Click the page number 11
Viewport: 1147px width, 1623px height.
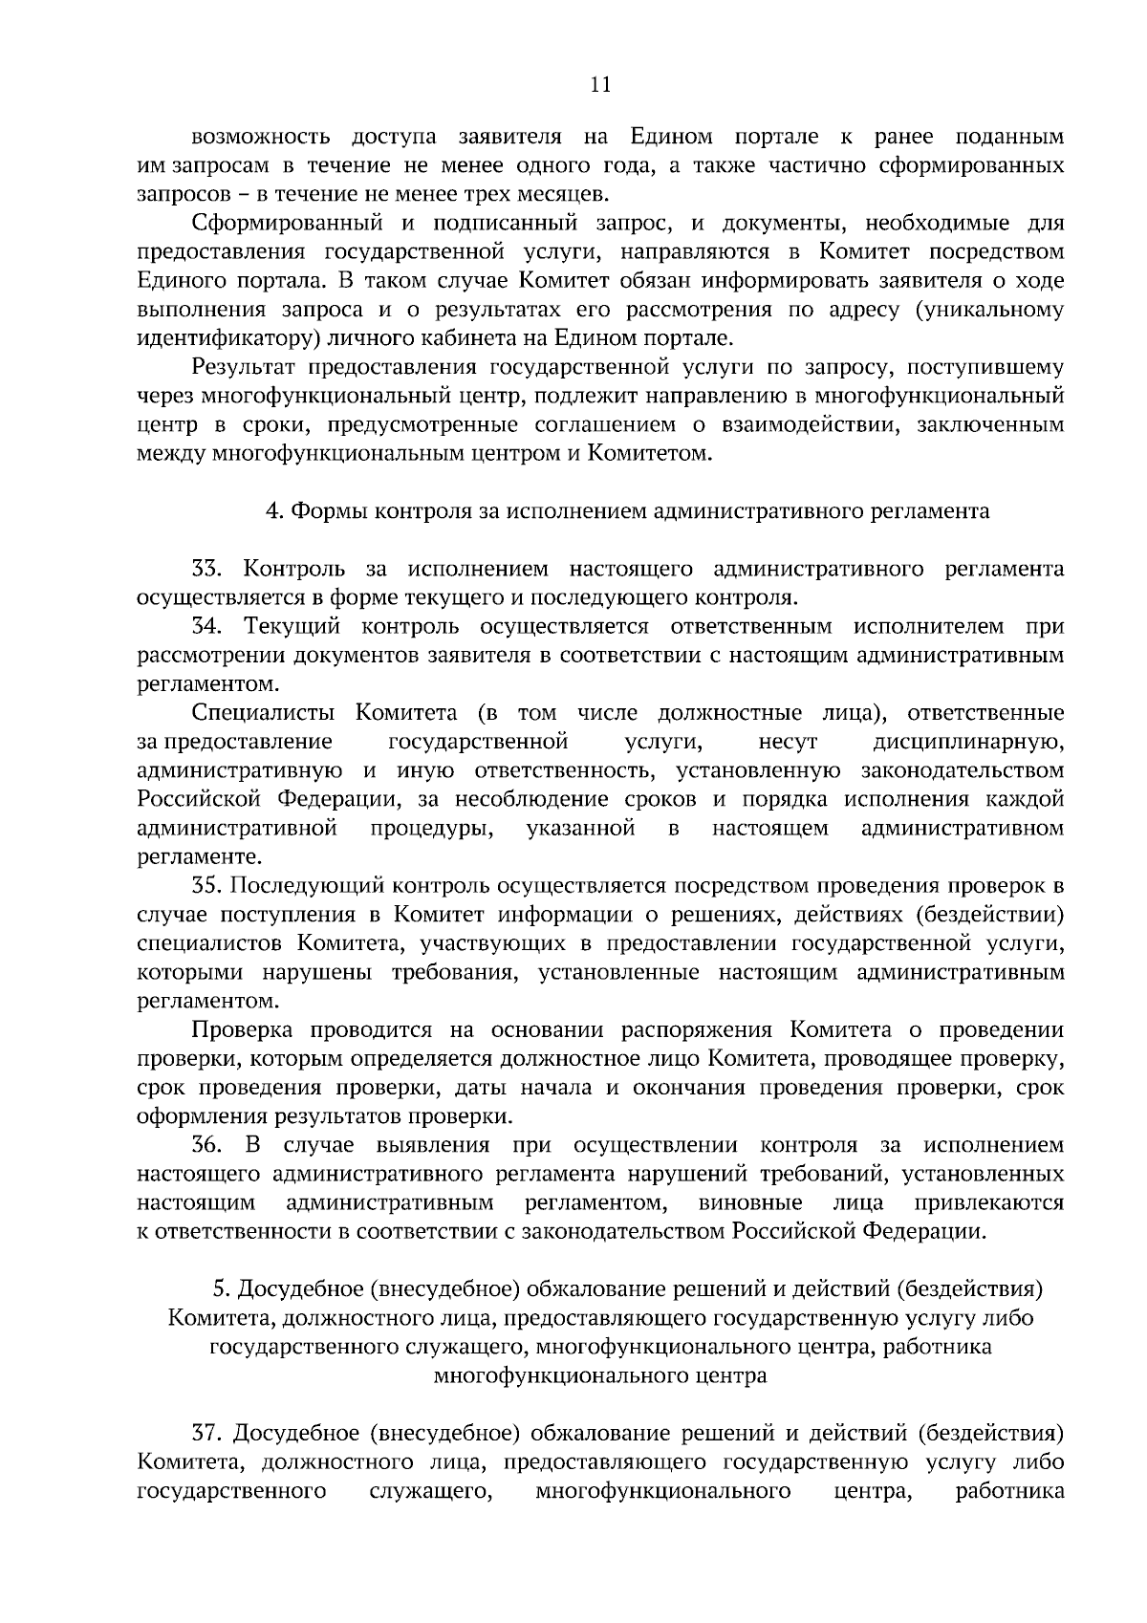click(x=600, y=84)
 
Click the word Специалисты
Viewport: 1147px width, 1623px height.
click(x=263, y=713)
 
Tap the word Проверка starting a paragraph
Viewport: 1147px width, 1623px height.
click(x=244, y=1030)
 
